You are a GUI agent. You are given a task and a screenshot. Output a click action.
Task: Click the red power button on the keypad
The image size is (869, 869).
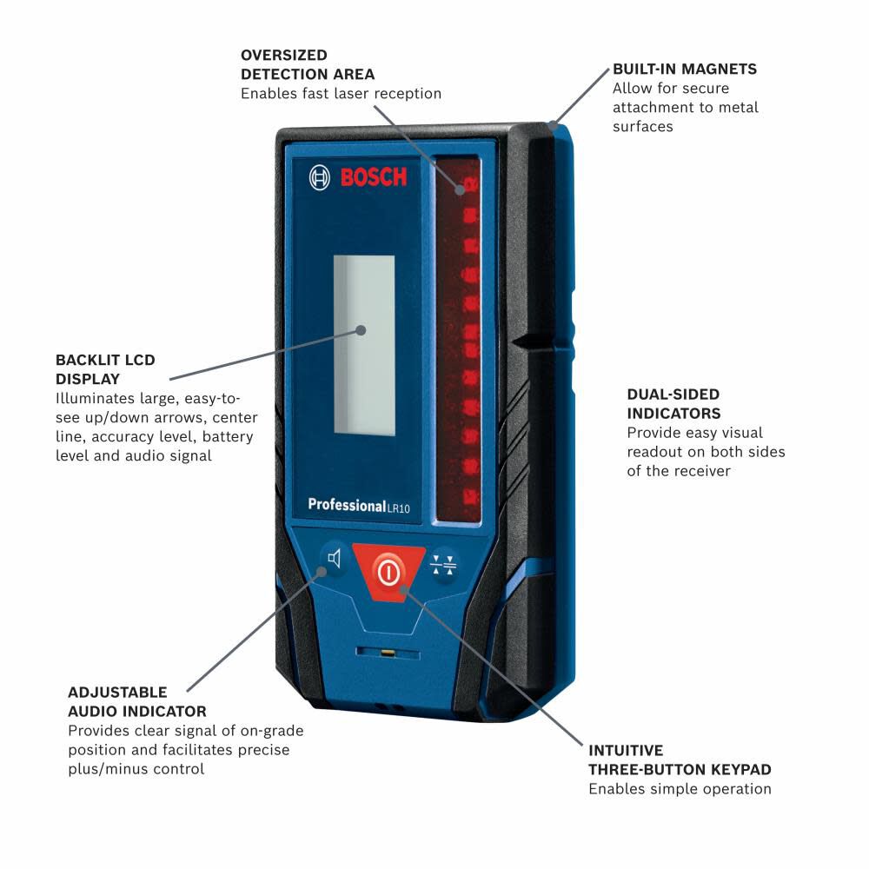click(x=389, y=571)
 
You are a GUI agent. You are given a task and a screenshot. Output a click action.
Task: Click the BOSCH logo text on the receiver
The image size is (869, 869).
click(x=373, y=178)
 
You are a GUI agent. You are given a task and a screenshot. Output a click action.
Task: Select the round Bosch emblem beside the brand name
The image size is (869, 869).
click(x=320, y=178)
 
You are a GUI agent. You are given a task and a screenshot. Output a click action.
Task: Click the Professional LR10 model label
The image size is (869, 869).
click(x=358, y=506)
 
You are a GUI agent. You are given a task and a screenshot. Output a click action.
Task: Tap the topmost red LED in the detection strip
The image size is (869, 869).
click(x=468, y=184)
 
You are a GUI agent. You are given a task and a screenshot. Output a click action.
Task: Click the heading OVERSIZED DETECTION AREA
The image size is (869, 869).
click(x=308, y=64)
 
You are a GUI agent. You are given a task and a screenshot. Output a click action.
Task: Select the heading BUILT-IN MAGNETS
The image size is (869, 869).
click(x=684, y=69)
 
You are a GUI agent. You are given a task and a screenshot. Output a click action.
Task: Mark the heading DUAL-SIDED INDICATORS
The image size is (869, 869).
click(x=673, y=404)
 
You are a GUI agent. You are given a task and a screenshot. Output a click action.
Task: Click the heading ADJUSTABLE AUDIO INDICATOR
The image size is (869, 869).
click(x=136, y=701)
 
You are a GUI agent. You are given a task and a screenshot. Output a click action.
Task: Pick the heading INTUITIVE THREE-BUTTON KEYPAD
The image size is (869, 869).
click(x=680, y=760)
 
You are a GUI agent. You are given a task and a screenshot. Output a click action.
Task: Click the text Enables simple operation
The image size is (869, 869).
click(x=680, y=789)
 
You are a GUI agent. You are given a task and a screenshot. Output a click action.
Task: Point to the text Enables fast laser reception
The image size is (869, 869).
click(x=341, y=94)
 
